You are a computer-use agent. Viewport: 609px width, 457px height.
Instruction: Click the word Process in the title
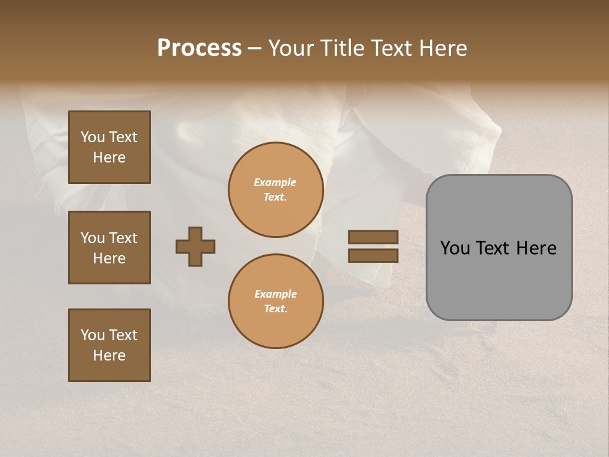coord(199,48)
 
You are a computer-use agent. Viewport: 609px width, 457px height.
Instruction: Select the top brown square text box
coord(109,147)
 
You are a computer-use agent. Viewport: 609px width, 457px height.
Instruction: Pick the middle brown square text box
coord(109,248)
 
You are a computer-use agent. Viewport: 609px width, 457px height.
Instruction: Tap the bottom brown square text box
coord(109,345)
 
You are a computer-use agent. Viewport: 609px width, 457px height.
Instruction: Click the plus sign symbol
coord(195,246)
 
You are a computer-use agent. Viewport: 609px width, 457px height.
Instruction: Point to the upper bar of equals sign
coord(373,237)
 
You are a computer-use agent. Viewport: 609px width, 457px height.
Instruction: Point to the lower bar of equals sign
coord(373,256)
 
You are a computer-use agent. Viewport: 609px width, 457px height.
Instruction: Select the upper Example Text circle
coord(275,190)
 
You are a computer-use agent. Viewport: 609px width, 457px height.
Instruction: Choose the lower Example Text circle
coord(275,301)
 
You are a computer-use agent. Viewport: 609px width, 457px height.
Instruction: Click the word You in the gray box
coord(454,248)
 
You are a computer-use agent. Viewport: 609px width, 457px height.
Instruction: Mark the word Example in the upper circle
coord(275,183)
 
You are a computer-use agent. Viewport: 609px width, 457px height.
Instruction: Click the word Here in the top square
coord(109,157)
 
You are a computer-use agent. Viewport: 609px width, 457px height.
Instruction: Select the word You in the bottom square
coord(93,335)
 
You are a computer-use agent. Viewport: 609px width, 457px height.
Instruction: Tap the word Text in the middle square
coord(123,238)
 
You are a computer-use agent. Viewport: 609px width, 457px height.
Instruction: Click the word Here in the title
coord(443,48)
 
